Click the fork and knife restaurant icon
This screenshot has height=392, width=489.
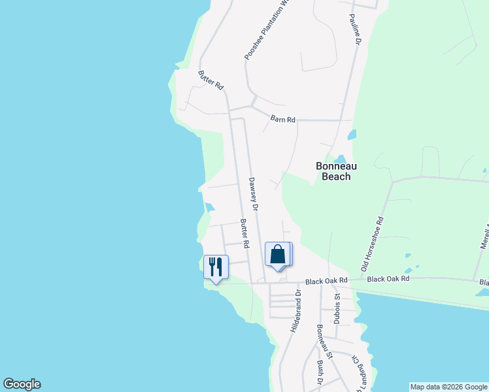(x=216, y=266)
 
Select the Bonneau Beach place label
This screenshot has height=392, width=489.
(x=337, y=171)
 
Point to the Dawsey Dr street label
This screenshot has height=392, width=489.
(x=254, y=194)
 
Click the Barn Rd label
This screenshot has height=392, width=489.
(x=283, y=119)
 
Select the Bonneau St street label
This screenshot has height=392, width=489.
(x=325, y=342)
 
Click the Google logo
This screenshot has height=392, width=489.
(x=22, y=384)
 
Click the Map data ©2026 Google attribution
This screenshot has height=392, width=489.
(x=448, y=387)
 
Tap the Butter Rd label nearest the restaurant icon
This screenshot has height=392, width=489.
(x=244, y=233)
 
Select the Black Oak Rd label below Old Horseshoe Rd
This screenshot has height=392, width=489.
(x=388, y=279)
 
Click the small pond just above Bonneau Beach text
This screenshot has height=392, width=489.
(x=339, y=159)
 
